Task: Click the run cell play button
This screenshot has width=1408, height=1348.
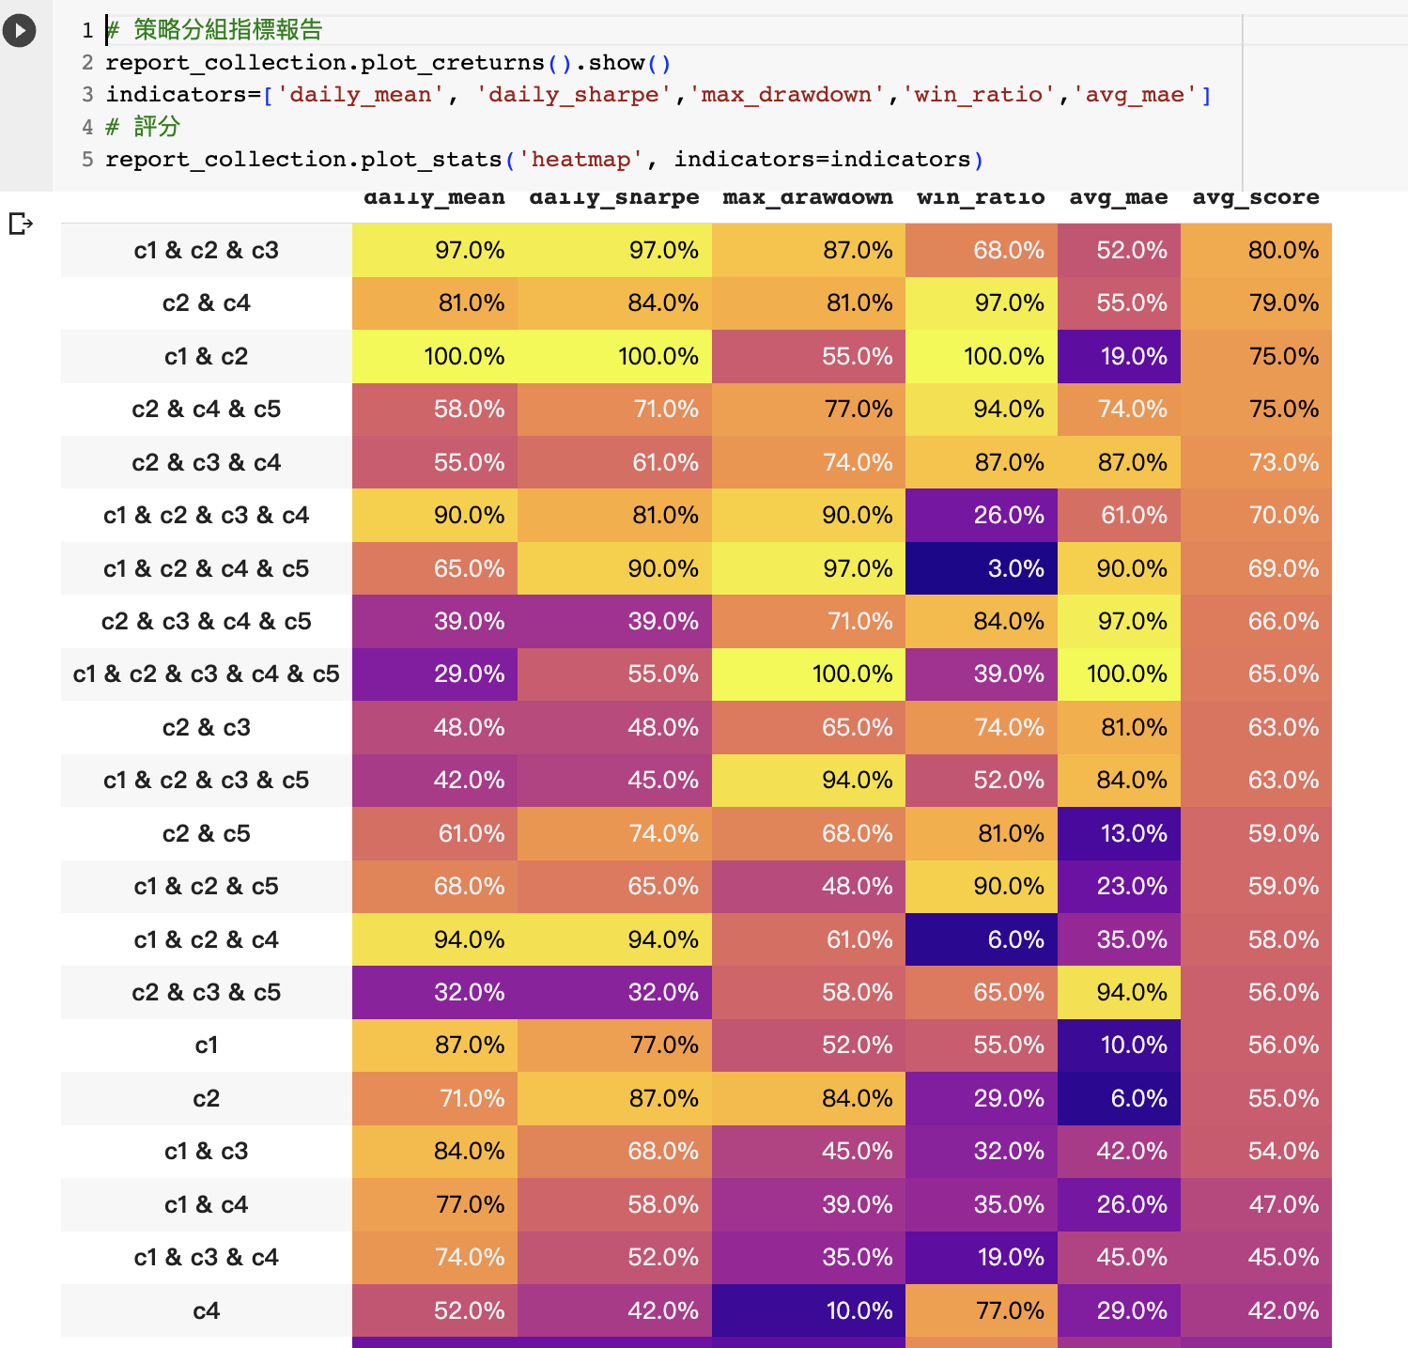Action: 19,31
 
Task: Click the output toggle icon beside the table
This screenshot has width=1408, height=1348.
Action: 21,224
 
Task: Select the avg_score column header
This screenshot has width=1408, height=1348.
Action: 1255,198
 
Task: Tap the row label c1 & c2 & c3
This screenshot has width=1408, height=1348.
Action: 206,251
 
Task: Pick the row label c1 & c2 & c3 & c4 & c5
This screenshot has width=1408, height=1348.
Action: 206,674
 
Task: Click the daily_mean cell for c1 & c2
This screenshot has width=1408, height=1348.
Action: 435,357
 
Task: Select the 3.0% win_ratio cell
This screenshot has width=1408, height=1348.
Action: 982,568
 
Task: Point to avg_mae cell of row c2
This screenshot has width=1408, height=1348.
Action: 1119,1098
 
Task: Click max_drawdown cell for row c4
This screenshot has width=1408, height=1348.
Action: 808,1310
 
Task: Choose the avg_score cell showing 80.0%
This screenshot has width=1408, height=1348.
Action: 1256,251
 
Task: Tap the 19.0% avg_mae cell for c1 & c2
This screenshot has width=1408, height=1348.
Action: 1119,357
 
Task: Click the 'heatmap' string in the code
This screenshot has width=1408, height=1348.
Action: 580,160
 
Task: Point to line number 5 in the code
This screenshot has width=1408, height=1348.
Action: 87,160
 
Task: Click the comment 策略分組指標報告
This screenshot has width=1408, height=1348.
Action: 227,30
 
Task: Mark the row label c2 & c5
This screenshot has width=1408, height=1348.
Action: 206,834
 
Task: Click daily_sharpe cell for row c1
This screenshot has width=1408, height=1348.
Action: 614,1046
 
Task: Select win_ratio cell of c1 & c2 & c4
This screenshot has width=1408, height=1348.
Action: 982,939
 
